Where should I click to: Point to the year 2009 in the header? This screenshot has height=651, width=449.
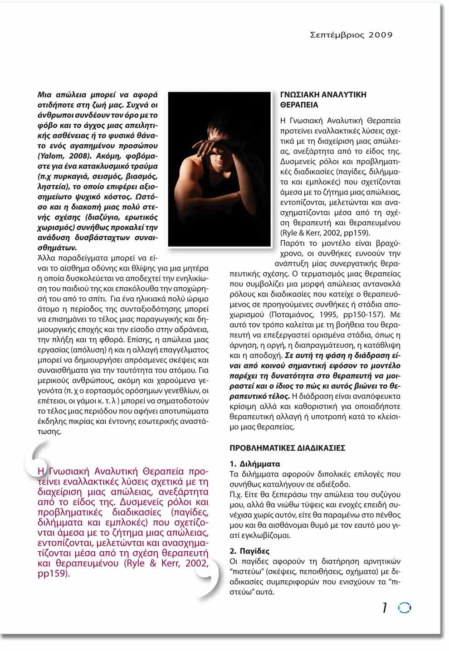381,35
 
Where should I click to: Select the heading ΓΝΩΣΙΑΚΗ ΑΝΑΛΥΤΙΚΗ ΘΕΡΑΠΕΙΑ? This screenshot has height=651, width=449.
323,100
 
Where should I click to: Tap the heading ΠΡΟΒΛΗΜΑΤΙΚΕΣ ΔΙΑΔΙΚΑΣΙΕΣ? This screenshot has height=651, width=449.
287,448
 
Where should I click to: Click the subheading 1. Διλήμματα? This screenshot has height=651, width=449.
254,464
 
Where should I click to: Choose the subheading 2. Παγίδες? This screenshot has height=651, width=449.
249,551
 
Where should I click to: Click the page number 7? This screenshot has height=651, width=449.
385,608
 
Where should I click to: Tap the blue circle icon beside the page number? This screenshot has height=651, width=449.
404,608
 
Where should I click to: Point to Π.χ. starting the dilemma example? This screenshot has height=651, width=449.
236,495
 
